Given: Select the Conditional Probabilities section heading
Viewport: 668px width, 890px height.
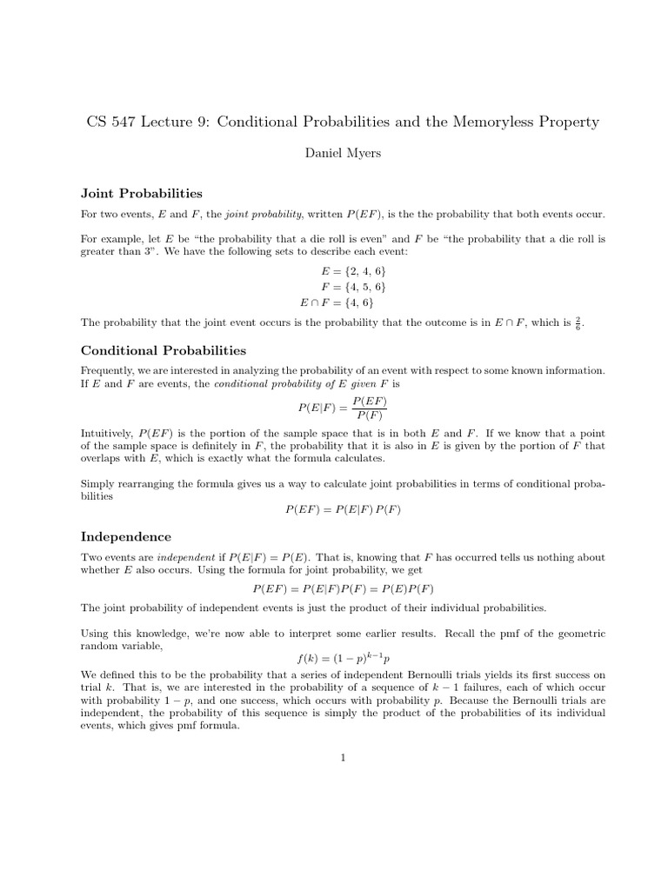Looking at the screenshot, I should tap(164, 350).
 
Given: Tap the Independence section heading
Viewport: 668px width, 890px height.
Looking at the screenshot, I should tap(126, 536).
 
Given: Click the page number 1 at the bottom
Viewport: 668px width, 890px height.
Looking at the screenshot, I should tap(344, 758).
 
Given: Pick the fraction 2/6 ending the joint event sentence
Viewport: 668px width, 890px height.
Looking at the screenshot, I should tap(578, 323).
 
